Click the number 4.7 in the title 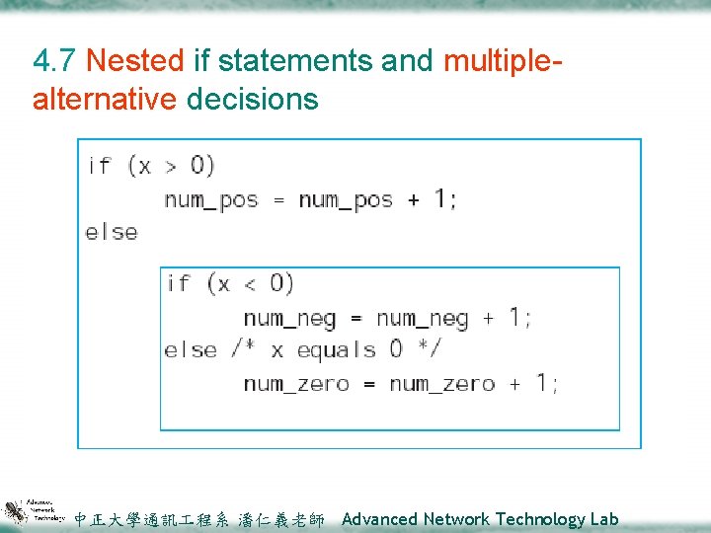(x=55, y=61)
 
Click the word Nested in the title (x=135, y=61)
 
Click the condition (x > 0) (x=171, y=165)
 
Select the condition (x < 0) (x=250, y=284)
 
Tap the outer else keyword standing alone (x=112, y=232)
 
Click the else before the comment (x=191, y=349)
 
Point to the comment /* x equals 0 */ (x=336, y=349)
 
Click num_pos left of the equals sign (x=210, y=199)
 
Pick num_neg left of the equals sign (x=289, y=318)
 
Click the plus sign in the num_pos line (x=413, y=199)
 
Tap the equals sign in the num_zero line (x=369, y=384)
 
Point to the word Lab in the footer (x=605, y=519)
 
